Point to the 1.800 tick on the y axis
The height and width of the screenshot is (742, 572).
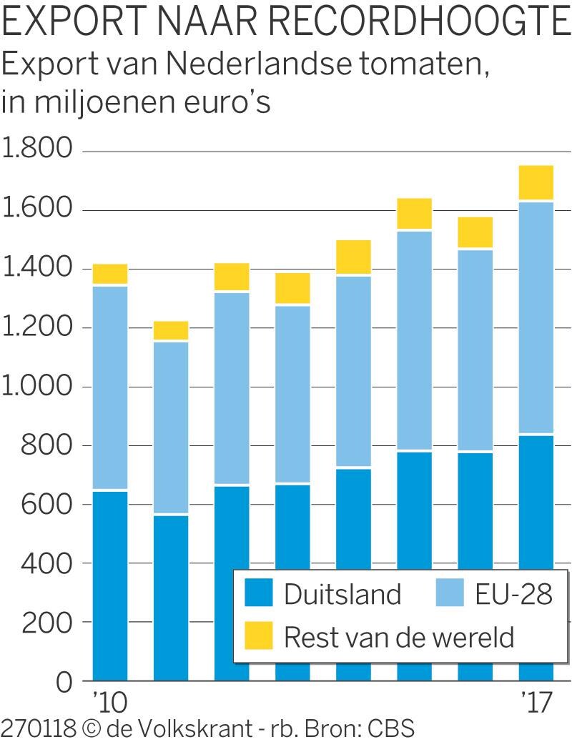point(38,150)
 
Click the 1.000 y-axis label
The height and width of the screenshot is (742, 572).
point(38,386)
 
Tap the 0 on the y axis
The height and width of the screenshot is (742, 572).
point(64,681)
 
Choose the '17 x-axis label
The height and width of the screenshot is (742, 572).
point(536,702)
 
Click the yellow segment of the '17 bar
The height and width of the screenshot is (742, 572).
point(536,183)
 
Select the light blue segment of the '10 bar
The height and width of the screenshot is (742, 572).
point(110,386)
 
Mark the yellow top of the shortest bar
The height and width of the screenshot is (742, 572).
point(172,330)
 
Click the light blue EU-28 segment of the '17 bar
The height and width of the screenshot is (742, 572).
point(536,318)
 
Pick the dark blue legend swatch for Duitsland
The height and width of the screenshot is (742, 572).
point(257,594)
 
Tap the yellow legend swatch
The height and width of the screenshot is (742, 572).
point(257,635)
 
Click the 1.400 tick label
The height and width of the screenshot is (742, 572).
point(38,268)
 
